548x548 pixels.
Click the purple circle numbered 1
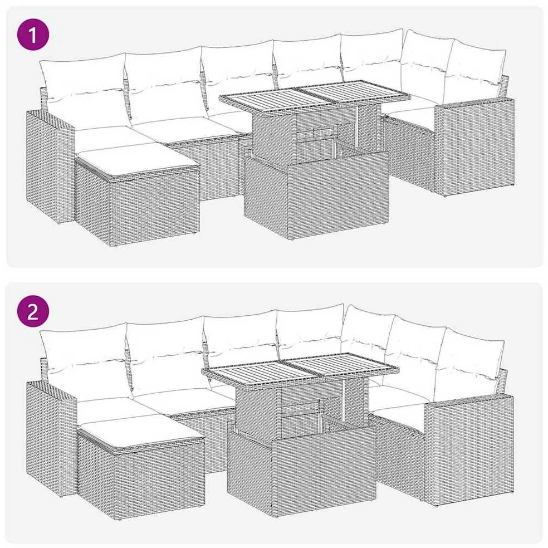[x=33, y=35]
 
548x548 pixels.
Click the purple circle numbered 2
[x=33, y=311]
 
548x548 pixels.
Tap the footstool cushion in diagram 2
[x=140, y=432]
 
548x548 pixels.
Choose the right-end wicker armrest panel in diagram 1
[x=474, y=147]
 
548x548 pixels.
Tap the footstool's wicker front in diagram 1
[x=154, y=206]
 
